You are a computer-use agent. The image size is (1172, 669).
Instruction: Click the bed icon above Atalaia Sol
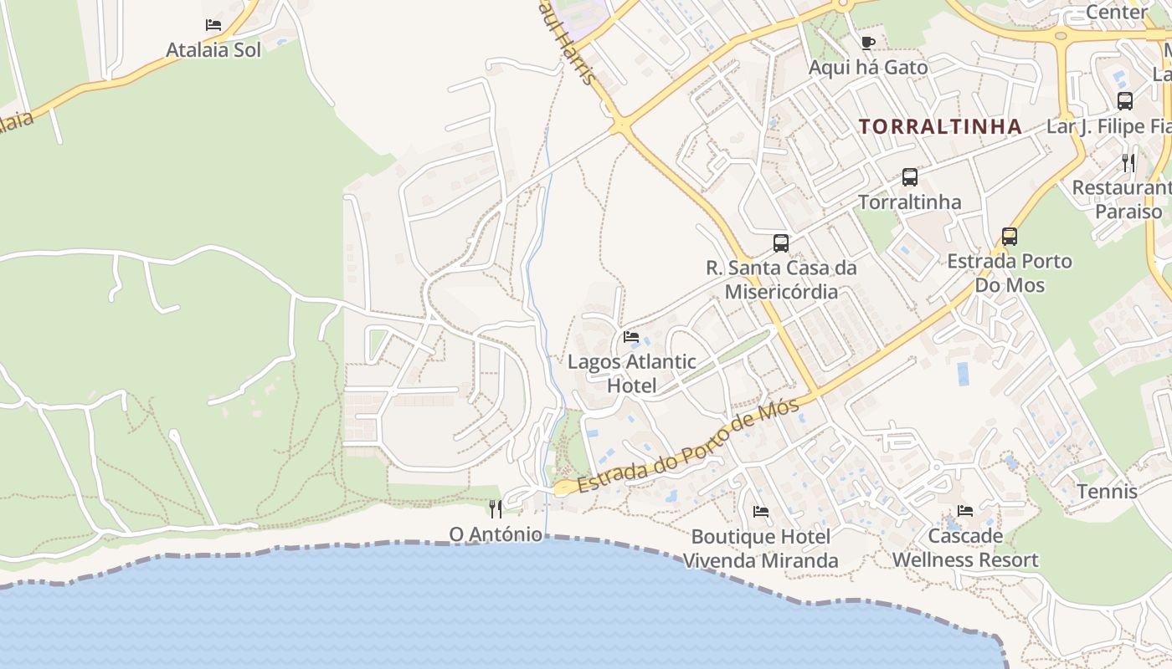tap(213, 25)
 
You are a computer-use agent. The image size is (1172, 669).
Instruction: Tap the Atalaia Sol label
tap(213, 50)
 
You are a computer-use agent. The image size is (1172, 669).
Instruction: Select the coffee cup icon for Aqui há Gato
tap(868, 43)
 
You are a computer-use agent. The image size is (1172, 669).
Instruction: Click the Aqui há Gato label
tap(868, 68)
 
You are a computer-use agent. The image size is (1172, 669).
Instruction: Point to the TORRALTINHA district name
tap(940, 126)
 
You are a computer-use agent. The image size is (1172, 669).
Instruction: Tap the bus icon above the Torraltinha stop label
tap(910, 177)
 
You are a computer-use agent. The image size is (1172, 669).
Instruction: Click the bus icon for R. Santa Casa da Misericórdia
tap(781, 243)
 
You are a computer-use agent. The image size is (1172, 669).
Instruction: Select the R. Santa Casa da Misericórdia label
tap(781, 279)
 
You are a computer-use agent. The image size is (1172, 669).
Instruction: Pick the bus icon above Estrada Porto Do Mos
tap(1010, 237)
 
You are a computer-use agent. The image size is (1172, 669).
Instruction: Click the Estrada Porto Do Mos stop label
tap(1010, 273)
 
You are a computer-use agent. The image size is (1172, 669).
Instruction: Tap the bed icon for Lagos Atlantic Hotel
tap(631, 337)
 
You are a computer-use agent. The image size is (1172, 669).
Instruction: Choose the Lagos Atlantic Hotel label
tap(631, 374)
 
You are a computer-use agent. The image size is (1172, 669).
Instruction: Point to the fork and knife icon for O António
tap(496, 508)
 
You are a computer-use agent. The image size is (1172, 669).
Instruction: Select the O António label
tap(496, 534)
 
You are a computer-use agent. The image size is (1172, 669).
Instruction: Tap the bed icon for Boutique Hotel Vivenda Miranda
tap(761, 511)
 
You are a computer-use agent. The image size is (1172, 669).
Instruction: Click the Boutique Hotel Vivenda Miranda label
tap(761, 548)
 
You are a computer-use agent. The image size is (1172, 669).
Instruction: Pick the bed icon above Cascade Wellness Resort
tap(965, 510)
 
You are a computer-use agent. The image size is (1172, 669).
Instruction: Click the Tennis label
tap(1108, 491)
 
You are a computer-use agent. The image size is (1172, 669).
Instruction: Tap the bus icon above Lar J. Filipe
tap(1125, 101)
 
